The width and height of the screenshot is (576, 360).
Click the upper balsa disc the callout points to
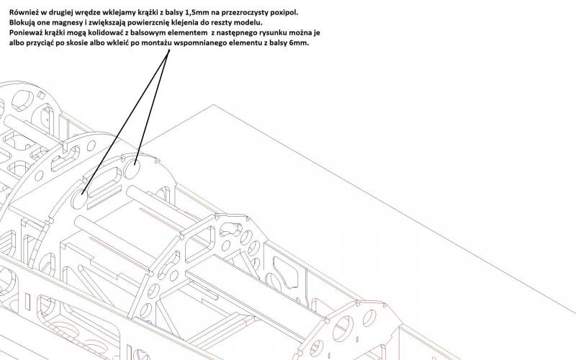(x=132, y=170)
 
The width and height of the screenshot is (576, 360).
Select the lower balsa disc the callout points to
(x=80, y=199)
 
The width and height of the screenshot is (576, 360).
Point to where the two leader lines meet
(x=168, y=50)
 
